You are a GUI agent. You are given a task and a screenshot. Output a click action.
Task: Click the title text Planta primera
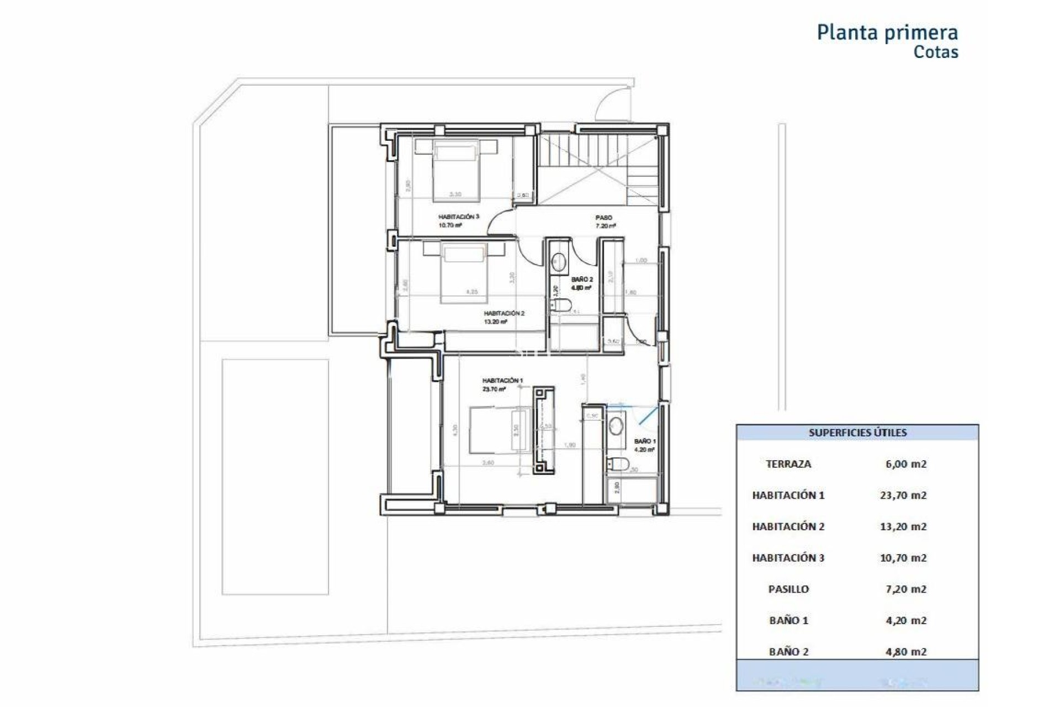[887, 33]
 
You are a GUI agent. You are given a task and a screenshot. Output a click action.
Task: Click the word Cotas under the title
[935, 52]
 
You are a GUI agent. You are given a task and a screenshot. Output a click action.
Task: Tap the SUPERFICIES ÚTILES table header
[857, 432]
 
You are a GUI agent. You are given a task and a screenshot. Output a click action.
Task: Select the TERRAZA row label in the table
[788, 464]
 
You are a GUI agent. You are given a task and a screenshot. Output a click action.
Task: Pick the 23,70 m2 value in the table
[903, 495]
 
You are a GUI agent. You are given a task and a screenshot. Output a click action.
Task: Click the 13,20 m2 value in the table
[903, 526]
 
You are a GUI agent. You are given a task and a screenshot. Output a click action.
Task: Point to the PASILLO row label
[788, 589]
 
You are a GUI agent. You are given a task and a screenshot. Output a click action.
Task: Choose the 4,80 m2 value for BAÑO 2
[905, 652]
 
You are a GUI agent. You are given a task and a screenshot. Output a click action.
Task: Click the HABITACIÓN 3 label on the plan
[458, 217]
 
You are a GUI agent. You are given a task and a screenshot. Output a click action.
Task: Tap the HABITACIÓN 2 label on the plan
[504, 313]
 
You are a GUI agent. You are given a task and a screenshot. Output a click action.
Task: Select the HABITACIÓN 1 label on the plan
[502, 381]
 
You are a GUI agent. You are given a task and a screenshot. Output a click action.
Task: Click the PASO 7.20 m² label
[605, 221]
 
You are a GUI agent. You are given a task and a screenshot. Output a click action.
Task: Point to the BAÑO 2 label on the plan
[582, 279]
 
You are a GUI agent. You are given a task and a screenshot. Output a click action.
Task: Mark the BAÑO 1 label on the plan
[644, 442]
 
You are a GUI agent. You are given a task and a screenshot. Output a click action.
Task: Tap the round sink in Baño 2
[559, 261]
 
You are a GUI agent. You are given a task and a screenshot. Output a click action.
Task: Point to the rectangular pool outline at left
[275, 477]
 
